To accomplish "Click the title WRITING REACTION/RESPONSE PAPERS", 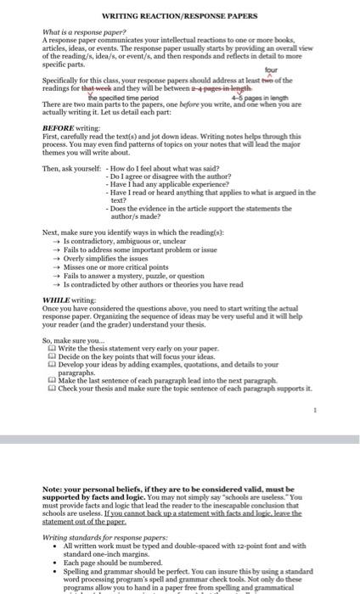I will [180, 16].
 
